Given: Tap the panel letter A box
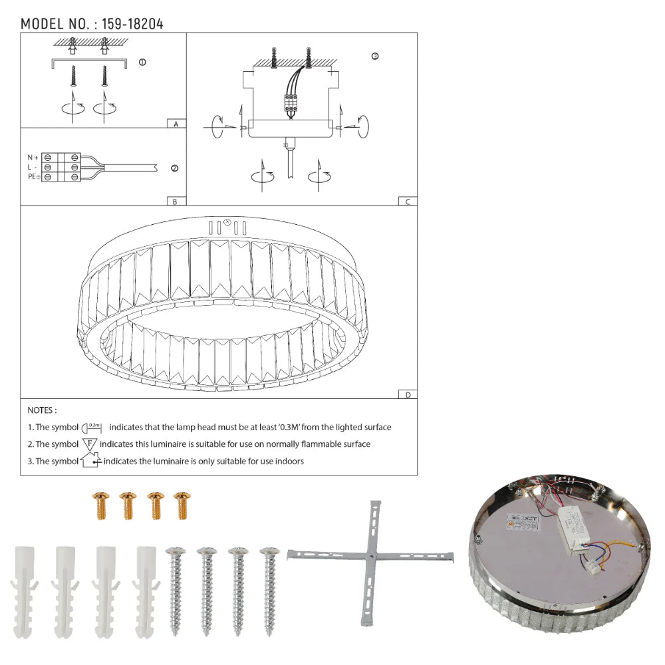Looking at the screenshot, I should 175,124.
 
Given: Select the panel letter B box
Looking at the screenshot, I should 175,201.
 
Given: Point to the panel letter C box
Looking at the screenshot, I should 407,201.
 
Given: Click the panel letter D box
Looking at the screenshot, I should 407,394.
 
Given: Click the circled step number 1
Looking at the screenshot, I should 142,63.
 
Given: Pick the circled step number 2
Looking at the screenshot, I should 174,168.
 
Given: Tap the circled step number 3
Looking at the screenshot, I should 374,57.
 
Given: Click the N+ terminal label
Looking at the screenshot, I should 33,157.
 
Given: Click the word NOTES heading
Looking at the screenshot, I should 42,411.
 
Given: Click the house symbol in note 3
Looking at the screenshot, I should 90,460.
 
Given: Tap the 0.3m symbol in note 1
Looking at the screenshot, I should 93,427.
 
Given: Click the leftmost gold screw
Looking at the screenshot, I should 101,506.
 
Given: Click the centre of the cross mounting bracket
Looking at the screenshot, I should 370,557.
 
